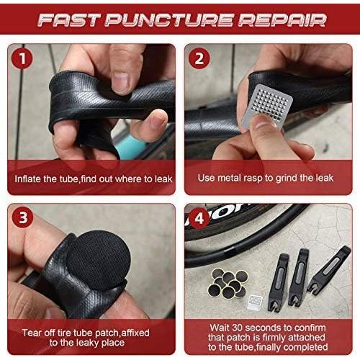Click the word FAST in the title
coord(69,19)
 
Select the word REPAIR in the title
coord(277,19)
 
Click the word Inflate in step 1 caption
coord(31,177)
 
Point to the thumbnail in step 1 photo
coord(120,81)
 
